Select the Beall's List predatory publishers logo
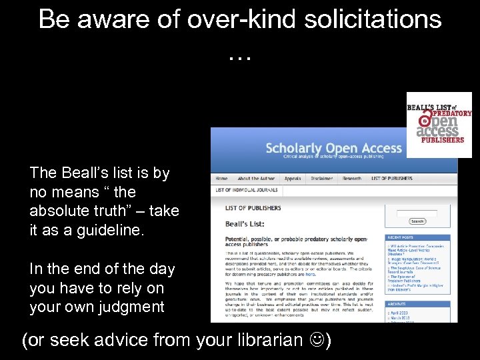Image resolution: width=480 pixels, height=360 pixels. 439,125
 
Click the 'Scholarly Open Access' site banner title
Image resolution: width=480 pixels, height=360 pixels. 333,148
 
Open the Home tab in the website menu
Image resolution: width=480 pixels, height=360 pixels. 221,179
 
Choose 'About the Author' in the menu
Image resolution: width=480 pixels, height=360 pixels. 256,179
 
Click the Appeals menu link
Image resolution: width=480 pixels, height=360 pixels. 292,179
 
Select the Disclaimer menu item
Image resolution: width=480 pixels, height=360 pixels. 321,179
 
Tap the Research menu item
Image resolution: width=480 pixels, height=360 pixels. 352,179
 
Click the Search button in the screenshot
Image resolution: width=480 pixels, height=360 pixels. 417,221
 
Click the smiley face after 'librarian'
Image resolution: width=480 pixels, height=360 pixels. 317,341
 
